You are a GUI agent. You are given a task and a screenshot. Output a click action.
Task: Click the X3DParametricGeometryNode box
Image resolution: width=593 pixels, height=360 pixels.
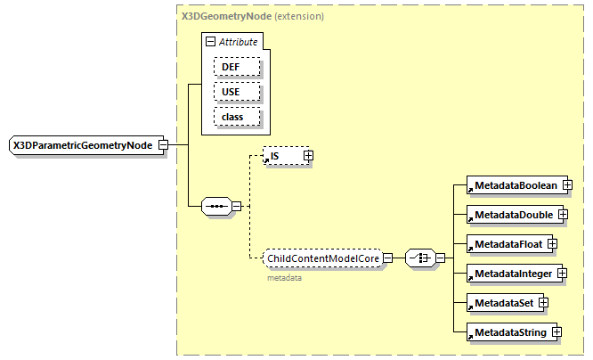pyautogui.click(x=82, y=145)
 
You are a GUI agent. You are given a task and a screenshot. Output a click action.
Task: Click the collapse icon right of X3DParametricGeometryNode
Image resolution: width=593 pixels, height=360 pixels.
pyautogui.click(x=163, y=145)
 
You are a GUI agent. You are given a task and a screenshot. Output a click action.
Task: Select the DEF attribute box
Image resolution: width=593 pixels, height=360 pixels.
pyautogui.click(x=236, y=67)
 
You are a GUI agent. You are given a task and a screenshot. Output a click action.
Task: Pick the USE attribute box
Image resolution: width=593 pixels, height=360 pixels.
pyautogui.click(x=236, y=92)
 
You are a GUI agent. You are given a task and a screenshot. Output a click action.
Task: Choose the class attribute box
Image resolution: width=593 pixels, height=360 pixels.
pyautogui.click(x=236, y=117)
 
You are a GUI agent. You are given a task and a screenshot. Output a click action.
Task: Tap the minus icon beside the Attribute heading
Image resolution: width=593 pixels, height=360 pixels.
pyautogui.click(x=210, y=42)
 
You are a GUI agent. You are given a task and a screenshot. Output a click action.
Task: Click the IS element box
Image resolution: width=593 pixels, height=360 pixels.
pyautogui.click(x=283, y=156)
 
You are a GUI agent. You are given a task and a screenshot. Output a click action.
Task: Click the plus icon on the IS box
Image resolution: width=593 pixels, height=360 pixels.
pyautogui.click(x=309, y=156)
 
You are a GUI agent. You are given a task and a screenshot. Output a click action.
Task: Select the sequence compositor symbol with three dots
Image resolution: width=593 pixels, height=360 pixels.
pyautogui.click(x=216, y=207)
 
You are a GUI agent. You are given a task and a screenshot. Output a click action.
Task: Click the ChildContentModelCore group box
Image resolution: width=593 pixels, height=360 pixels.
pyautogui.click(x=324, y=258)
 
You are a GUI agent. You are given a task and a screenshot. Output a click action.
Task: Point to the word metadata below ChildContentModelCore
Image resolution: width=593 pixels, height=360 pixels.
pyautogui.click(x=285, y=278)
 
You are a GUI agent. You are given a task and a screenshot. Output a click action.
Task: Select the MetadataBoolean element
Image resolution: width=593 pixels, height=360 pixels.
pyautogui.click(x=514, y=185)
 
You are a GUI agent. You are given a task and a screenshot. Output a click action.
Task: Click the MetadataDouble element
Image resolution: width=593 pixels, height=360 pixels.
pyautogui.click(x=513, y=215)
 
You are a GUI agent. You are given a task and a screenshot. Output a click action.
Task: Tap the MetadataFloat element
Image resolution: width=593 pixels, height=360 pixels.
pyautogui.click(x=507, y=243)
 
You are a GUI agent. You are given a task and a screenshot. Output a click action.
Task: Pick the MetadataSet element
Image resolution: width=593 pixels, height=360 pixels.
pyautogui.click(x=502, y=303)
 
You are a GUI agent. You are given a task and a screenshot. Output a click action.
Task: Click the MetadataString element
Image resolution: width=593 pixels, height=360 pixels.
pyautogui.click(x=508, y=332)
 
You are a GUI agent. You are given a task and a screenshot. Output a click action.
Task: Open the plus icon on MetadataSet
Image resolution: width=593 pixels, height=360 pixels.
pyautogui.click(x=542, y=303)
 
